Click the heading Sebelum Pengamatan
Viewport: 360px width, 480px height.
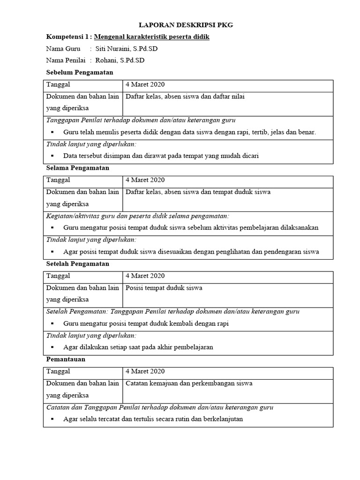coord(79,72)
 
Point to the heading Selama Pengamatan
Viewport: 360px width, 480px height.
coord(77,168)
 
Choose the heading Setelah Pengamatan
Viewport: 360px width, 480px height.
coord(78,264)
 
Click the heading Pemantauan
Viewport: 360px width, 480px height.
coord(66,360)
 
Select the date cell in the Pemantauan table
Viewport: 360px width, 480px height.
coord(145,371)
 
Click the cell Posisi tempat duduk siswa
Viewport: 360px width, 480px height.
coord(164,288)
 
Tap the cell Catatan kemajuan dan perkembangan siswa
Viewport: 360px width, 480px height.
coord(189,383)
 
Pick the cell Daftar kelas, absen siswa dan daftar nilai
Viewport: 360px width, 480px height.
coord(185,97)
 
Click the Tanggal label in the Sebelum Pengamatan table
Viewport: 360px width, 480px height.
coord(58,84)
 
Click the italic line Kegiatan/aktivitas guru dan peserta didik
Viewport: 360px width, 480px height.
coord(138,216)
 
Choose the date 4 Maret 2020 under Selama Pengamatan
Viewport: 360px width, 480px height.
coord(145,180)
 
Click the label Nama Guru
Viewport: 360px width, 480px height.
coord(63,49)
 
